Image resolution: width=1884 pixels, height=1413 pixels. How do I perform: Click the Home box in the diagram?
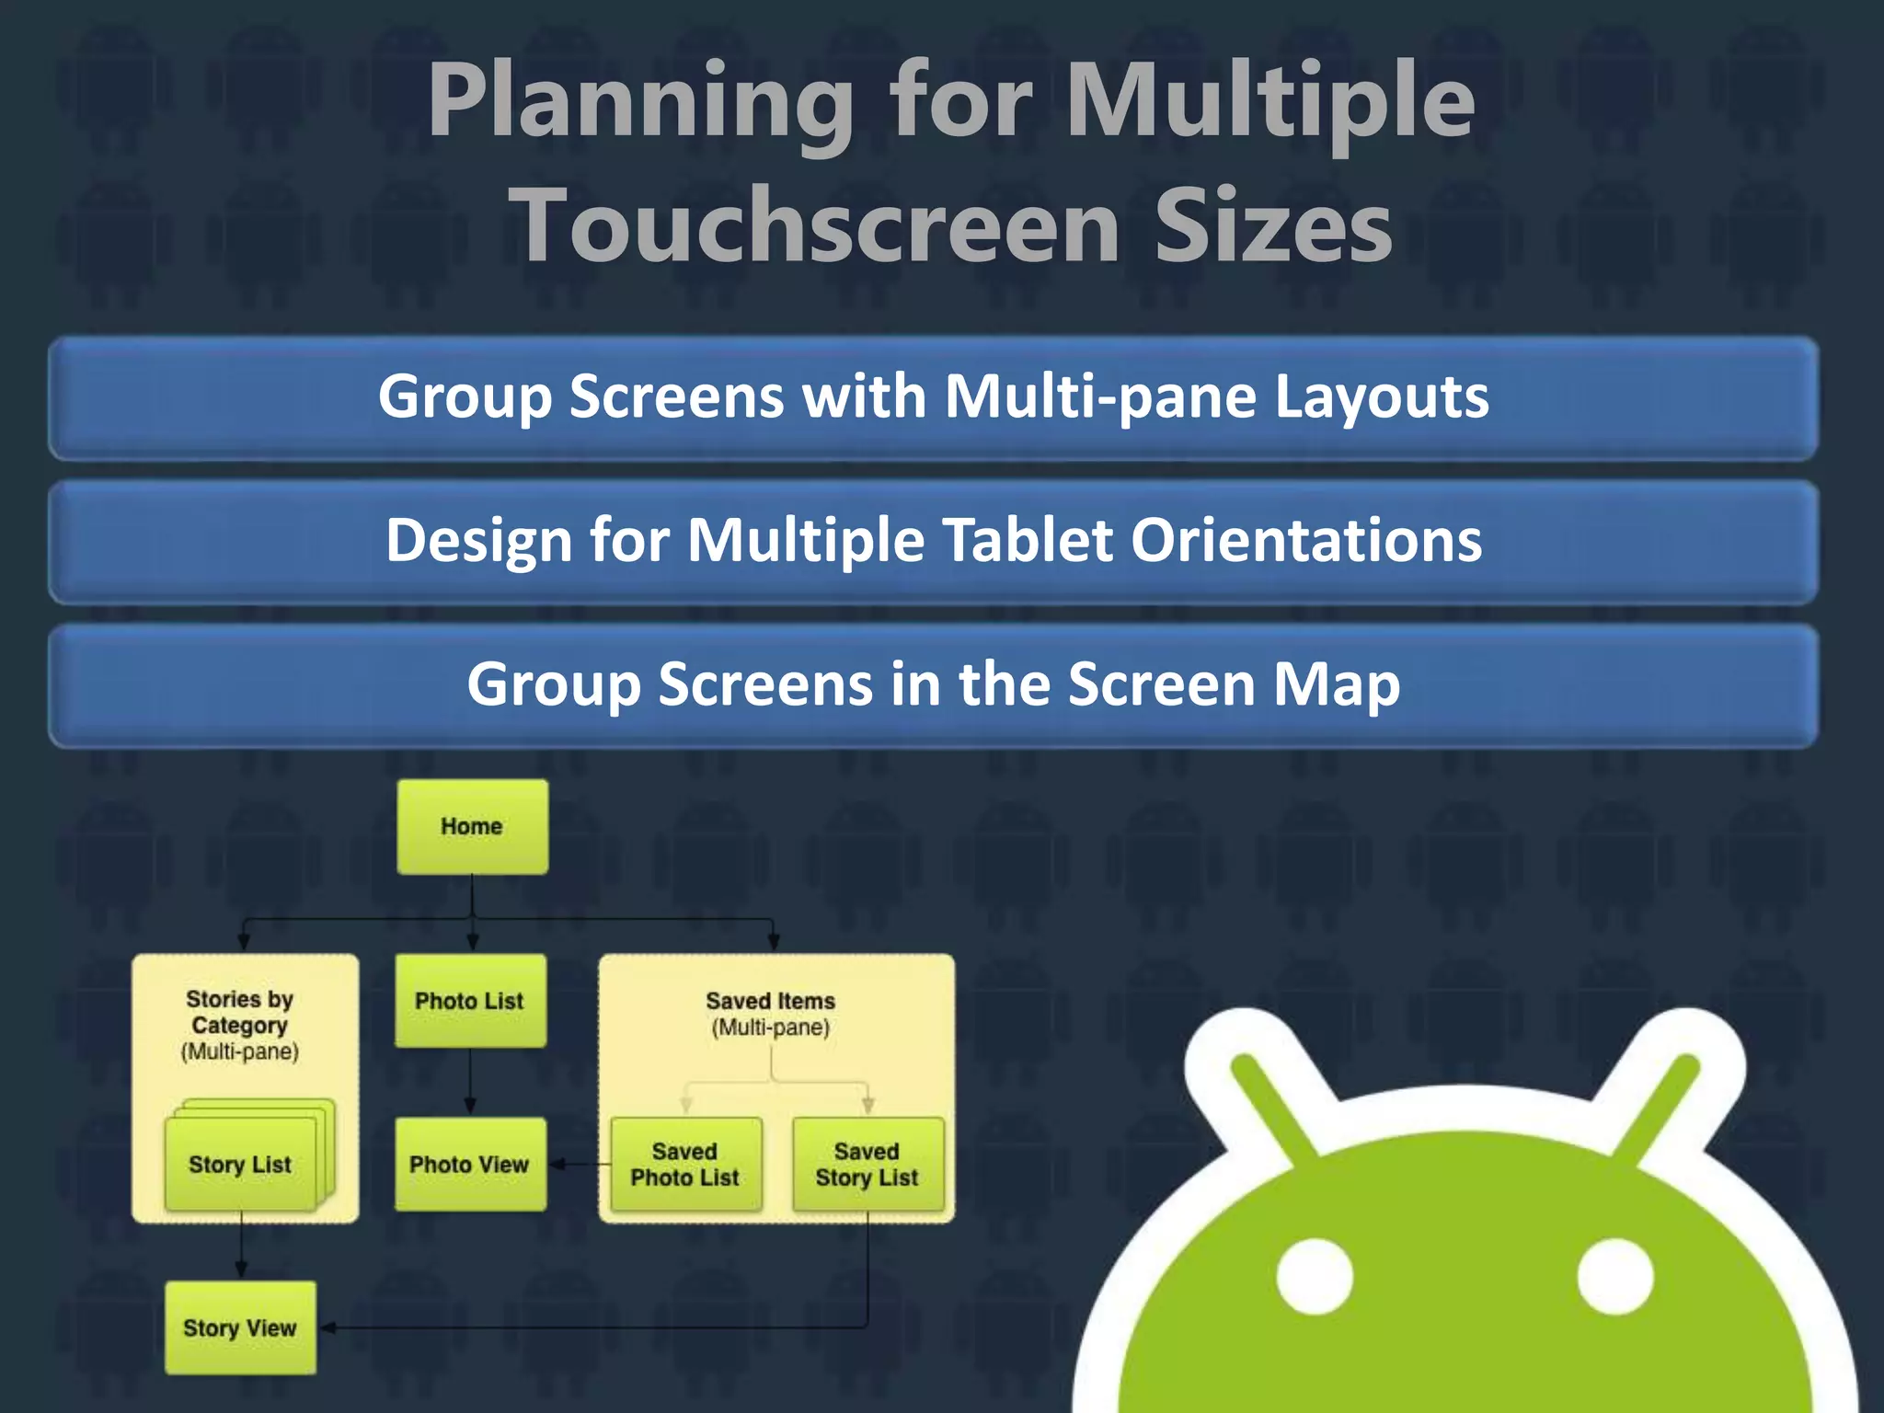pos(472,826)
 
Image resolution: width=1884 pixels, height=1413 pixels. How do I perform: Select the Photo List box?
pos(470,1001)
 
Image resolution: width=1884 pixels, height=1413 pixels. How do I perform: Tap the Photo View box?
pos(470,1165)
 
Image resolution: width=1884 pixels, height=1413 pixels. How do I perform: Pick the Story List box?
pos(240,1165)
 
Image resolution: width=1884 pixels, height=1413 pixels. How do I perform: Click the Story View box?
pos(240,1328)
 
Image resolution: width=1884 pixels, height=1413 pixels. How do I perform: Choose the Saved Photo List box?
pos(685,1165)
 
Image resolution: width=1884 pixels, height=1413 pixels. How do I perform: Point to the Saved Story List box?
pos(867,1165)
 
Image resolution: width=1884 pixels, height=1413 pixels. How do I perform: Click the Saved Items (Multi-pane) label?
pos(771,1013)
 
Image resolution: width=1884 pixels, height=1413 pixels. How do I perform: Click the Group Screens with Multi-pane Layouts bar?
pos(933,397)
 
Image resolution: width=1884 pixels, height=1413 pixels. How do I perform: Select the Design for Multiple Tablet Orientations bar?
pos(933,541)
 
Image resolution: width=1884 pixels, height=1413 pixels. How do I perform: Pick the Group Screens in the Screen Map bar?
pos(933,685)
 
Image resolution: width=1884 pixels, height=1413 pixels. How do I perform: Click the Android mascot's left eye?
pos(1315,1277)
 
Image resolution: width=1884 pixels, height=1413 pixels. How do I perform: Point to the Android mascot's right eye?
pos(1615,1277)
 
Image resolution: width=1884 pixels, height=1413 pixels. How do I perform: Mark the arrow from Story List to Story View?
pos(241,1246)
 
